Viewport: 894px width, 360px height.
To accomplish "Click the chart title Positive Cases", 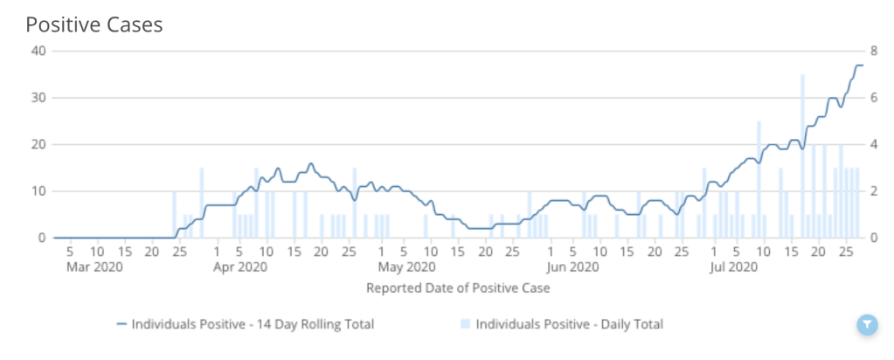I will coord(94,24).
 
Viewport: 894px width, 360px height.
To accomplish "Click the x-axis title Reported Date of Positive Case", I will coord(458,287).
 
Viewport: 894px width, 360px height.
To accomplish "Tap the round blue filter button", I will coord(865,325).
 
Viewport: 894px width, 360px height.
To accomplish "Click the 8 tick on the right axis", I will coord(873,50).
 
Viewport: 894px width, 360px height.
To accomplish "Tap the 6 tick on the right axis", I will coord(873,97).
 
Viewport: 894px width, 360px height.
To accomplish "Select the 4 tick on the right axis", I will coord(873,144).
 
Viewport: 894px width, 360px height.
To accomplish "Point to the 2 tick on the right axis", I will coord(873,191).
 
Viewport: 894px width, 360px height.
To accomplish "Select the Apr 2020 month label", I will coord(240,267).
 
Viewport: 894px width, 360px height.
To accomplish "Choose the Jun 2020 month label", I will coord(573,267).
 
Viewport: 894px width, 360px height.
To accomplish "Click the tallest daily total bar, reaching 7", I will coord(802,157).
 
